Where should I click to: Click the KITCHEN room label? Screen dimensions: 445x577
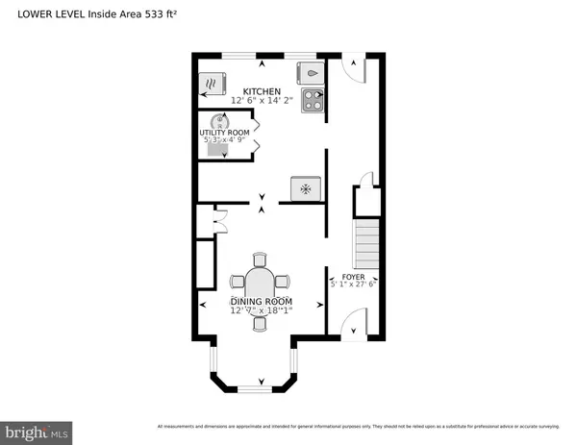(262, 91)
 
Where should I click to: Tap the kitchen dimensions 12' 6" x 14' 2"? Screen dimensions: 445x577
(262, 101)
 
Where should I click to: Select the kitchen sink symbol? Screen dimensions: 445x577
(313, 71)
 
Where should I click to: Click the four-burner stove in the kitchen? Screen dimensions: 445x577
(314, 101)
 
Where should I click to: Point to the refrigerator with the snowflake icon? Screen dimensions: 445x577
(306, 188)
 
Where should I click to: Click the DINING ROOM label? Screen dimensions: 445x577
(260, 301)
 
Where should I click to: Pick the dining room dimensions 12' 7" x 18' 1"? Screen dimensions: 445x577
(260, 310)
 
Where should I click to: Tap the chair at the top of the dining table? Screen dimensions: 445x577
(260, 259)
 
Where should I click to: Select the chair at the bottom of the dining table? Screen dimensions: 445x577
(260, 324)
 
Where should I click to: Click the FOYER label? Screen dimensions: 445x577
(354, 275)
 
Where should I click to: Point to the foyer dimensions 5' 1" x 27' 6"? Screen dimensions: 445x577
(354, 284)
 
